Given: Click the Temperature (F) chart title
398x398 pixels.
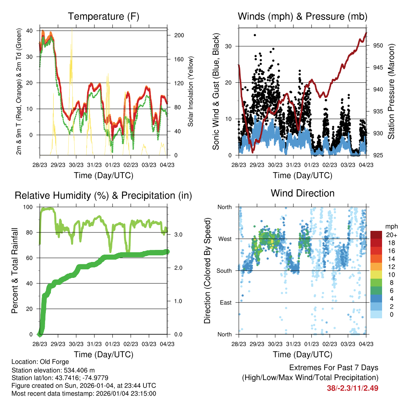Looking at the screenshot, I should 103,16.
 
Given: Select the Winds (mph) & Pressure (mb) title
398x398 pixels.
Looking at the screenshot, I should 302,16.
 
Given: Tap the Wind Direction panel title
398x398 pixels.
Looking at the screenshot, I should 302,193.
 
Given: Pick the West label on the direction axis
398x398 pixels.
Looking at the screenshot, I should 224,239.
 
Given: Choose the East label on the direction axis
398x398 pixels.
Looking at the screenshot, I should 225,302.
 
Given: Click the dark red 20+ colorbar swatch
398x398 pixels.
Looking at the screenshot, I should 376,235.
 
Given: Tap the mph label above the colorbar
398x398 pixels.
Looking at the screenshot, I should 391,226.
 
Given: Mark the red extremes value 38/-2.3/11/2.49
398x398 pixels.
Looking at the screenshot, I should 353,388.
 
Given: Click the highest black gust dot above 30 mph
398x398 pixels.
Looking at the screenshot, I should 255,35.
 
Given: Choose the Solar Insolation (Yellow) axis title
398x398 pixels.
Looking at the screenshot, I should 191,92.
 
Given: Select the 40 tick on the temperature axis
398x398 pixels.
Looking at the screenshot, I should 30,31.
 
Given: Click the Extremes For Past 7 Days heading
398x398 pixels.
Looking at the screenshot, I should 333,368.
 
